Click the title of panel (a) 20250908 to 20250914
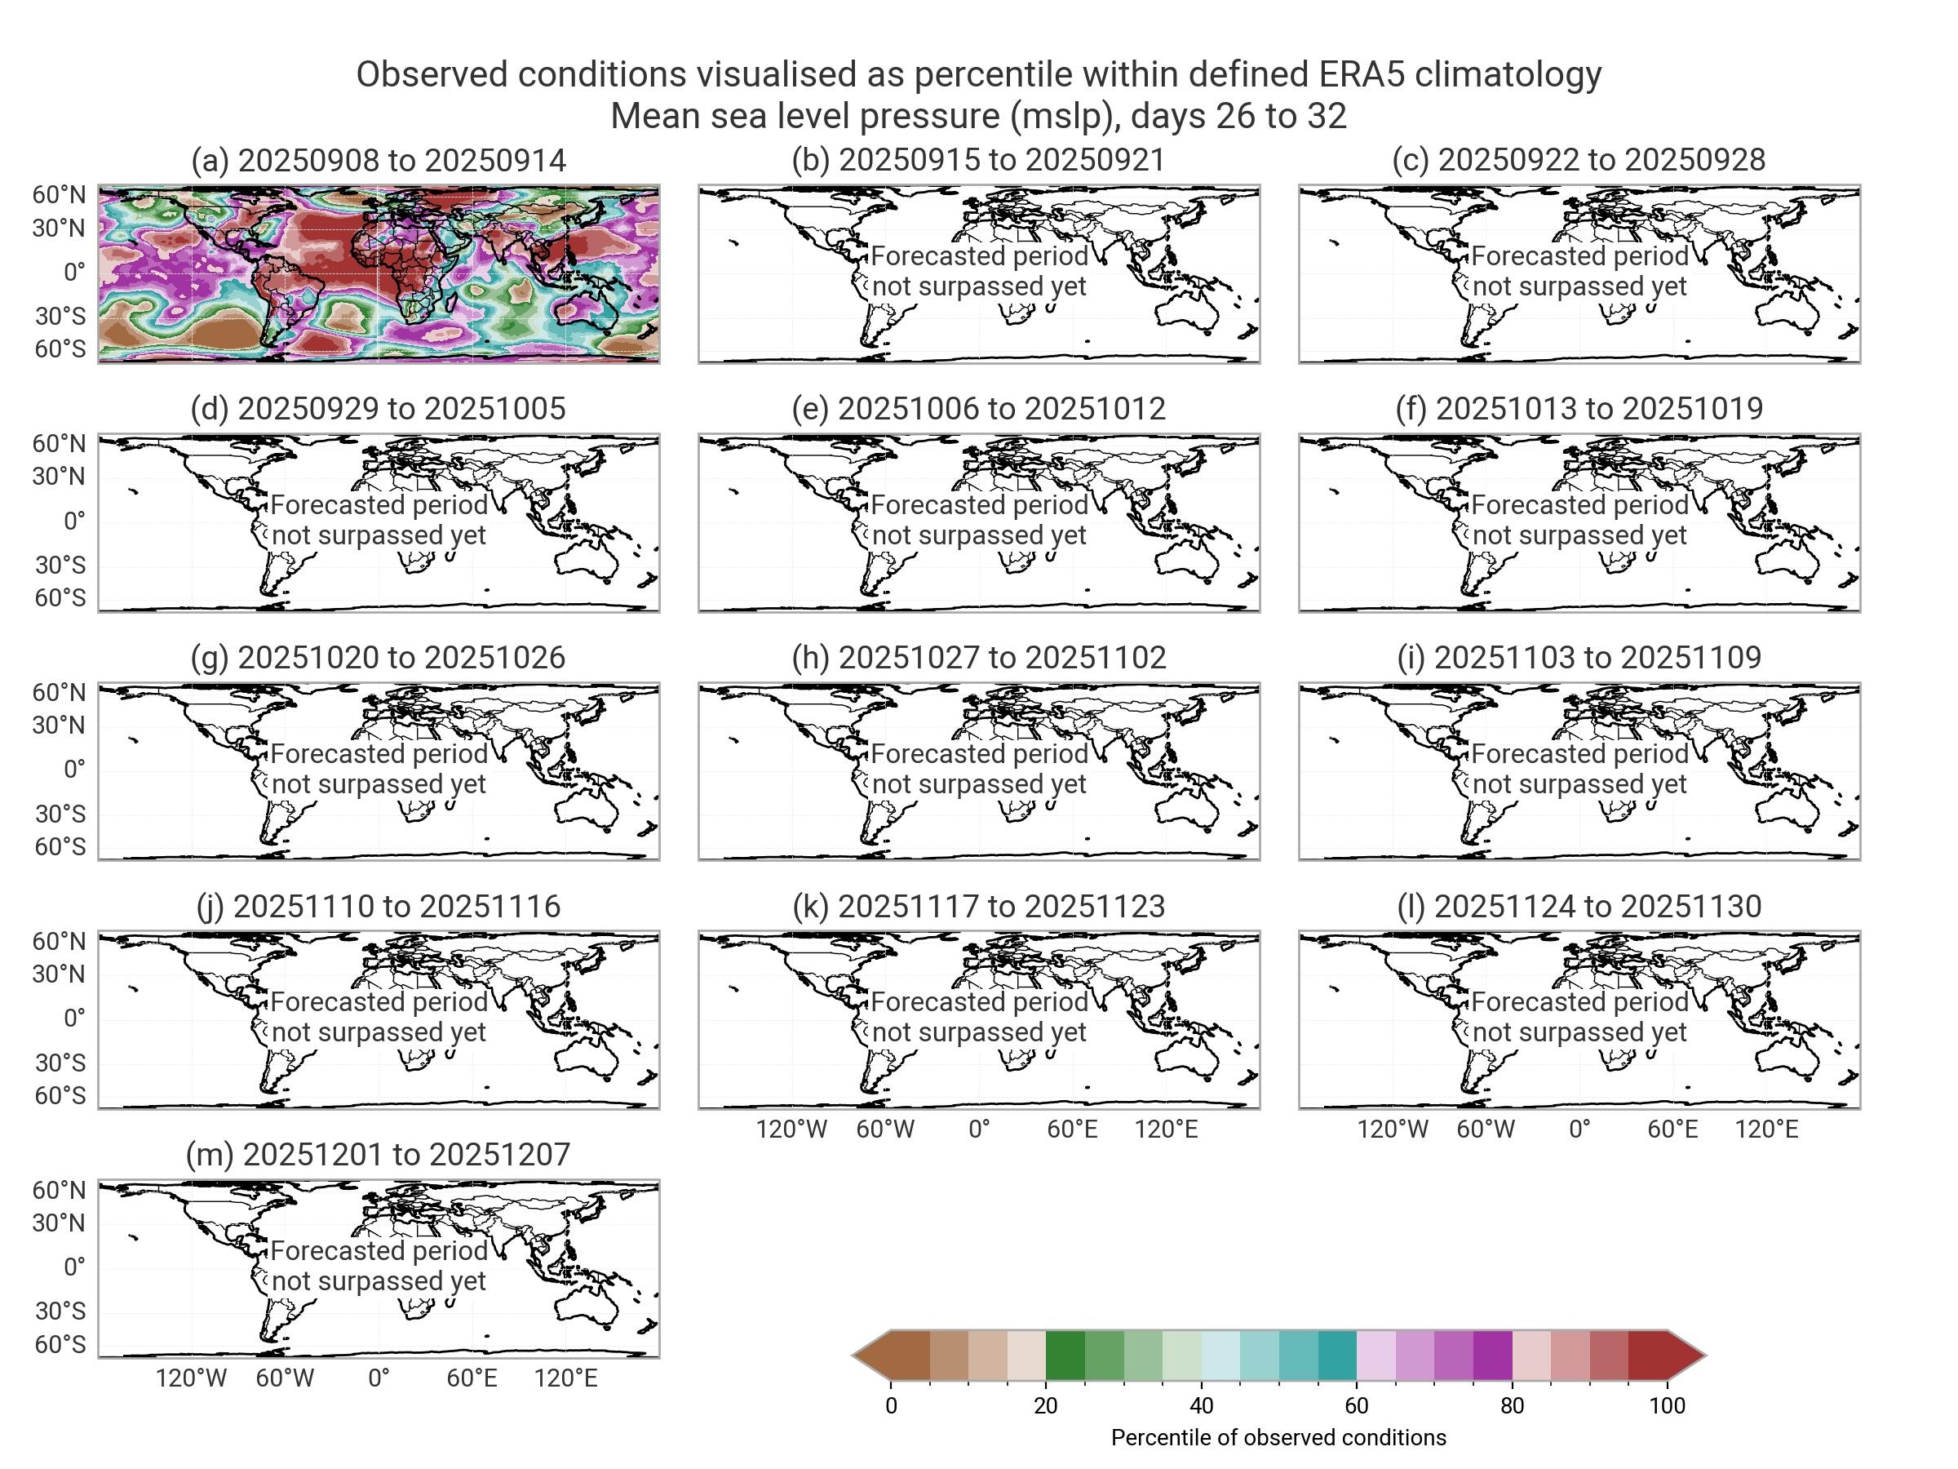[379, 160]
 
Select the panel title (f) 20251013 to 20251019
[1579, 409]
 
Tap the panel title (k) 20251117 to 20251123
[979, 907]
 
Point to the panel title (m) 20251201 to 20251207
[379, 1155]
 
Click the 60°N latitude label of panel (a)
[60, 195]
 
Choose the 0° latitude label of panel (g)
[74, 770]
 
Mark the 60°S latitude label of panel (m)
[60, 1344]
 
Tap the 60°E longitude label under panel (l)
[1673, 1129]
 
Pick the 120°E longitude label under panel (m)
[565, 1378]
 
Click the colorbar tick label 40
[1201, 1406]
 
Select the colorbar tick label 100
[1668, 1406]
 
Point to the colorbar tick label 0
[891, 1406]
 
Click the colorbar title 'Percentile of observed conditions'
[1278, 1438]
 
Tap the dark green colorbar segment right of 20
[1065, 1356]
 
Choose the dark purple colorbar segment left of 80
[1492, 1356]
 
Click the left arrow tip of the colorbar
[855, 1356]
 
